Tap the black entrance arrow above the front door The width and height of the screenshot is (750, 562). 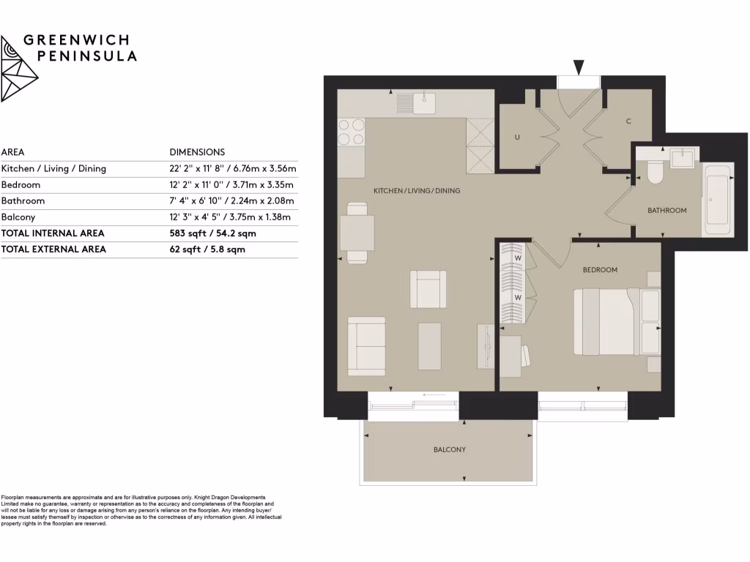point(579,68)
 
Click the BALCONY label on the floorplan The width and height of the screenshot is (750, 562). point(450,449)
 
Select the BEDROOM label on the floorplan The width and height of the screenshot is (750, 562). point(600,270)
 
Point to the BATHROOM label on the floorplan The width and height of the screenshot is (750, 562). point(667,211)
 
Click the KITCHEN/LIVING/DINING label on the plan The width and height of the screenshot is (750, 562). point(417,191)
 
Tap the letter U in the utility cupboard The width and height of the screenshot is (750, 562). point(516,137)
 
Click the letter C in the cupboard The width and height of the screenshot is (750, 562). point(628,121)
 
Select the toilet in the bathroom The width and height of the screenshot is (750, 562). point(654,171)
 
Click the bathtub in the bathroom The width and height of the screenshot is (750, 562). point(717,198)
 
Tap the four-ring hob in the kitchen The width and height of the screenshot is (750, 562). point(351,132)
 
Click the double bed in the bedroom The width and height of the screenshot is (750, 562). point(606,322)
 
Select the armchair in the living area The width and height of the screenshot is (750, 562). point(428,288)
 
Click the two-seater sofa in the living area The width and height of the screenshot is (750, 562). point(365,346)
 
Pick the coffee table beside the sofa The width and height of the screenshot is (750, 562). point(430,346)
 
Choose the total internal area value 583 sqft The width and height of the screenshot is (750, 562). point(212,233)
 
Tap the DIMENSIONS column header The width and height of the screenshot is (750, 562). point(197,152)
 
